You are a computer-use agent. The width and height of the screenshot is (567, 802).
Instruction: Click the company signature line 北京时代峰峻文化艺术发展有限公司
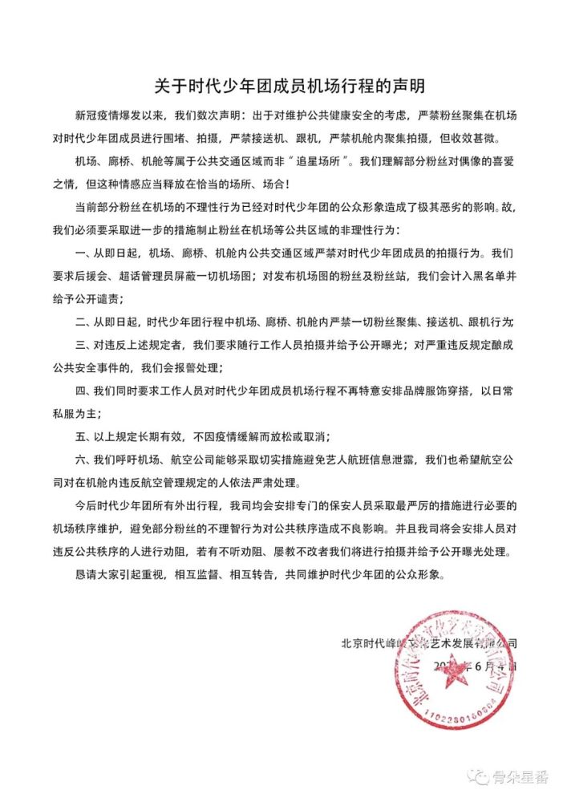click(x=429, y=642)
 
